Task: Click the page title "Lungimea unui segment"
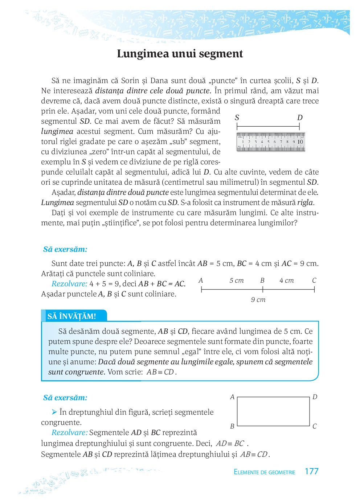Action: coord(180,54)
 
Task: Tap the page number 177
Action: coord(311,471)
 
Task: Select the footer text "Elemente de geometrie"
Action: coord(264,472)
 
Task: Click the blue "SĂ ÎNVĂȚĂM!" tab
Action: coord(72,316)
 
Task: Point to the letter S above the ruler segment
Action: coord(237,118)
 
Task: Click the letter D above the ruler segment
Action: coord(300,118)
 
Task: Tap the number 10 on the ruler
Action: coord(300,142)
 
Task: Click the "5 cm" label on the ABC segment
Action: coord(236,280)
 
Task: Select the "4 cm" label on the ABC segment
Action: coord(286,280)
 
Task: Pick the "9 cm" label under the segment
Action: coord(258,300)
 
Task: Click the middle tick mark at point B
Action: coord(262,289)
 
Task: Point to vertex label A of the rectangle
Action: coord(232,397)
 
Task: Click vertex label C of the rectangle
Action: coord(315,426)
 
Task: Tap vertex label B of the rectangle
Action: coord(232,426)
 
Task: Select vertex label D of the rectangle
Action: coord(315,397)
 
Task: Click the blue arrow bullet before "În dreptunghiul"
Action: coord(54,412)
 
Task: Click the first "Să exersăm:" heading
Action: coord(65,249)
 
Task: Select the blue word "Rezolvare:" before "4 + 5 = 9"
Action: coord(69,284)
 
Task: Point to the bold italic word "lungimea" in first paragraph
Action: coord(57,131)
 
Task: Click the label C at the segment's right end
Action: coord(314,280)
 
